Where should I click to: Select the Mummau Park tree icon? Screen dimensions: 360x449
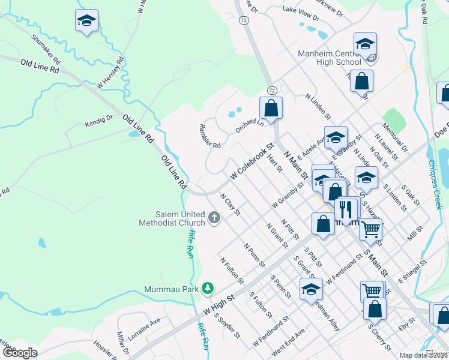pos(208,289)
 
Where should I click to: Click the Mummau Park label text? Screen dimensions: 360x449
pos(172,289)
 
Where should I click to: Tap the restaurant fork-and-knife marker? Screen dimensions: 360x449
pos(346,209)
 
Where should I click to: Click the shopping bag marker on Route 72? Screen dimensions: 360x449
pos(271,109)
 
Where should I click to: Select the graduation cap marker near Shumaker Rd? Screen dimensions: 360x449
pos(87,21)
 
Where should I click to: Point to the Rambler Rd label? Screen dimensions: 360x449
pos(209,137)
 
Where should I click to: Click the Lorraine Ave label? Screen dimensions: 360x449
pos(144,329)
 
